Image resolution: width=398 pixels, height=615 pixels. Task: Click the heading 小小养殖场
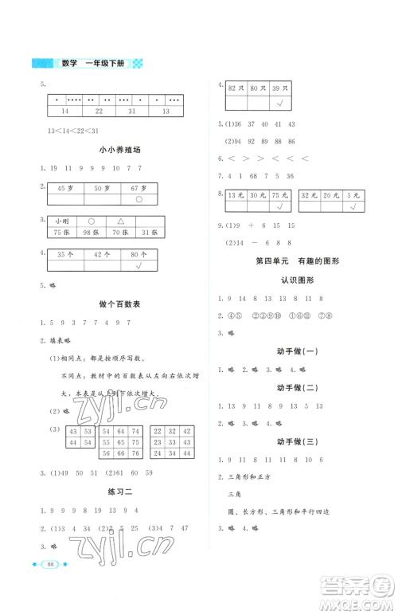tap(114, 149)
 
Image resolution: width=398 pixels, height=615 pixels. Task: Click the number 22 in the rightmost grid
tap(158, 442)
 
